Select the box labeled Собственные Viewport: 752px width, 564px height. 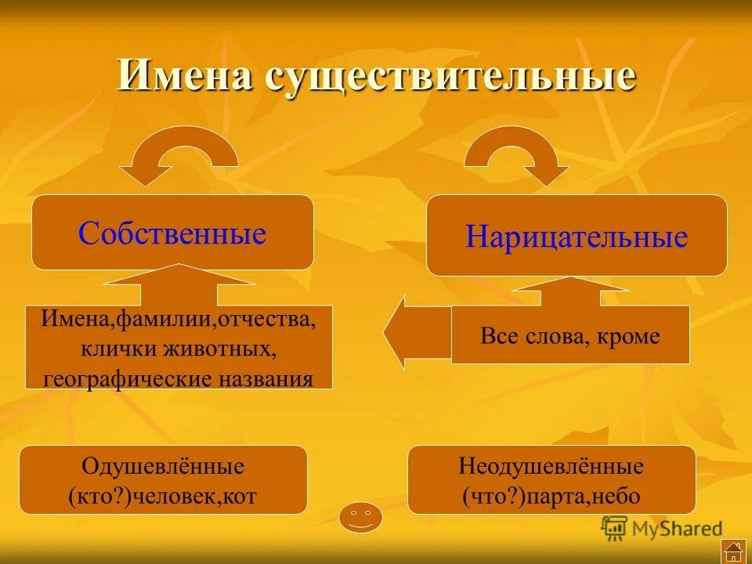click(172, 233)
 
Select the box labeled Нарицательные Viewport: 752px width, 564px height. click(577, 236)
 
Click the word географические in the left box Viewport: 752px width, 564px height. click(127, 379)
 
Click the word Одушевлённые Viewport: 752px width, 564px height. click(163, 467)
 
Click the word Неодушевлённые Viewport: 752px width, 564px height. click(551, 467)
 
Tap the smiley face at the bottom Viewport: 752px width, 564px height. click(360, 517)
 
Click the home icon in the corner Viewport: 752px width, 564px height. click(732, 550)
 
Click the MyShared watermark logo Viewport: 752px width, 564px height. click(662, 528)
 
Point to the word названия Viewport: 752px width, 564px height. click(265, 379)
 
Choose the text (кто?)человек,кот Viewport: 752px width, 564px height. click(163, 496)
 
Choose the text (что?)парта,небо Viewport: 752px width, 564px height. click(551, 496)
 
